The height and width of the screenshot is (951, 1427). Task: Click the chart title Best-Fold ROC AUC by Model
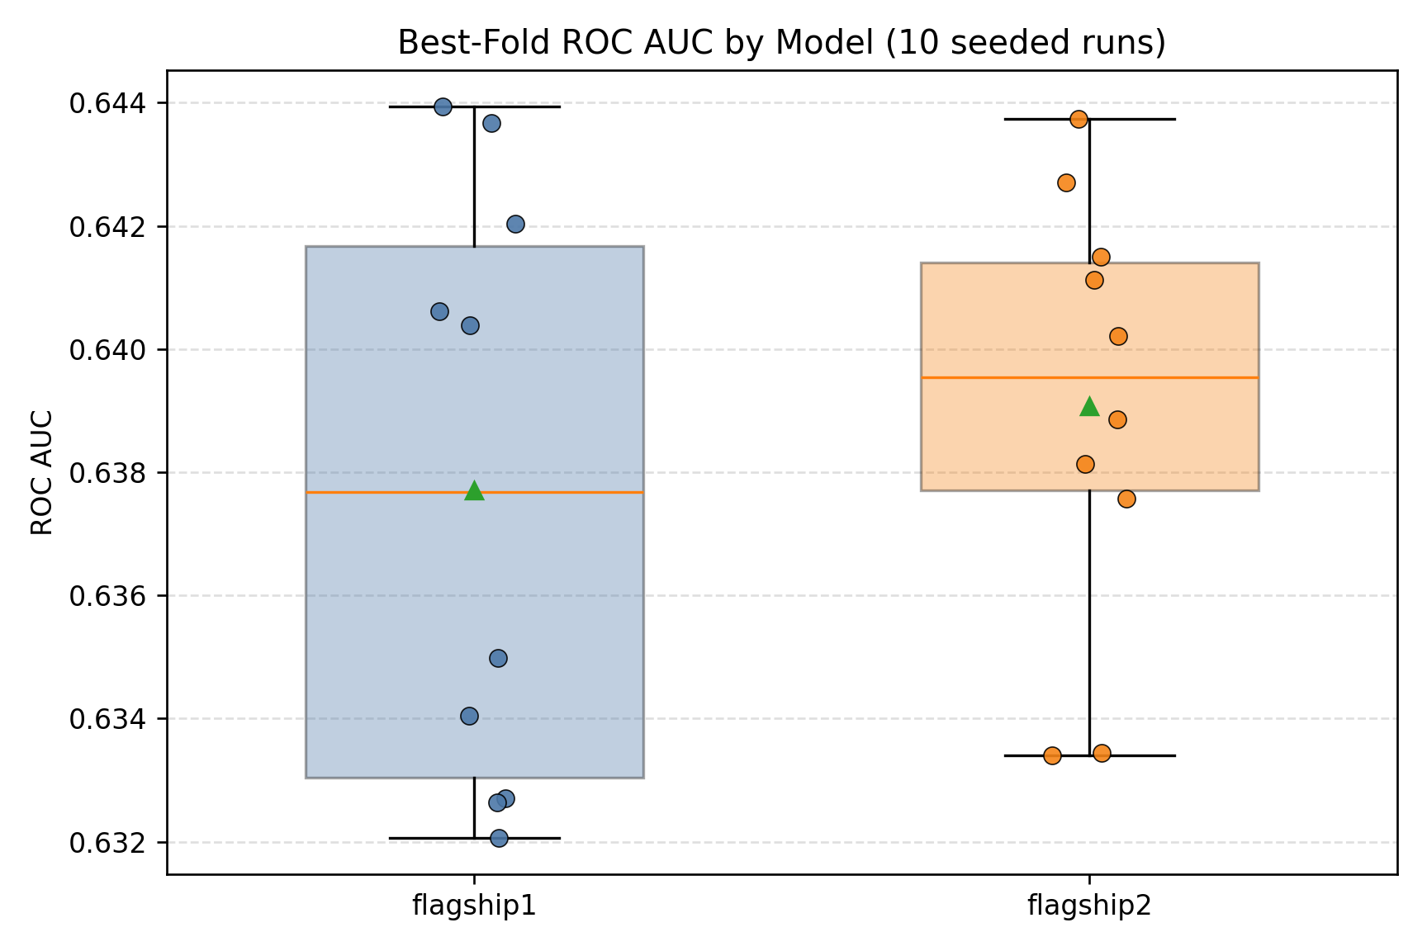tap(781, 43)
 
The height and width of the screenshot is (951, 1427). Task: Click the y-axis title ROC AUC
tap(42, 472)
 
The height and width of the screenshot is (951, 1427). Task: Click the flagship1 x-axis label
tap(474, 907)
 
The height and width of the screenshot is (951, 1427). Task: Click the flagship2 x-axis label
tap(1089, 907)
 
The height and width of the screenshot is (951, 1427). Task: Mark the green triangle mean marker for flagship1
tap(474, 491)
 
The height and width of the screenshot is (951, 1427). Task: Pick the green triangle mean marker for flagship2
tap(1089, 406)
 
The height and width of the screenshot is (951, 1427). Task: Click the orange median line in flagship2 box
tap(1007, 377)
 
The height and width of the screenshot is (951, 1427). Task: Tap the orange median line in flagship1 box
tap(388, 493)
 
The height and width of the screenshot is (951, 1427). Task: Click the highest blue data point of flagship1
tap(443, 106)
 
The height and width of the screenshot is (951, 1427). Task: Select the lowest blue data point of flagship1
tap(499, 838)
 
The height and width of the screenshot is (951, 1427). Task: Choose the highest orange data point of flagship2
tap(1079, 119)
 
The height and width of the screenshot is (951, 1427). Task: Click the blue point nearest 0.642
tap(515, 224)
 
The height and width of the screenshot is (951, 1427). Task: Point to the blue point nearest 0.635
tap(498, 658)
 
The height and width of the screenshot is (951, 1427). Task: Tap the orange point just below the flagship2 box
tap(1126, 499)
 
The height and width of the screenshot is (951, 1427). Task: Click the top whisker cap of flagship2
tap(1140, 119)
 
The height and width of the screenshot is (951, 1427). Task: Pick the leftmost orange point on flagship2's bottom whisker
tap(1052, 755)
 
